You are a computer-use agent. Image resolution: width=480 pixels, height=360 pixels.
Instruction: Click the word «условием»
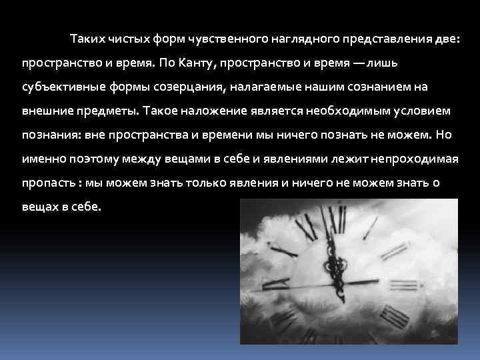[421, 111]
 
